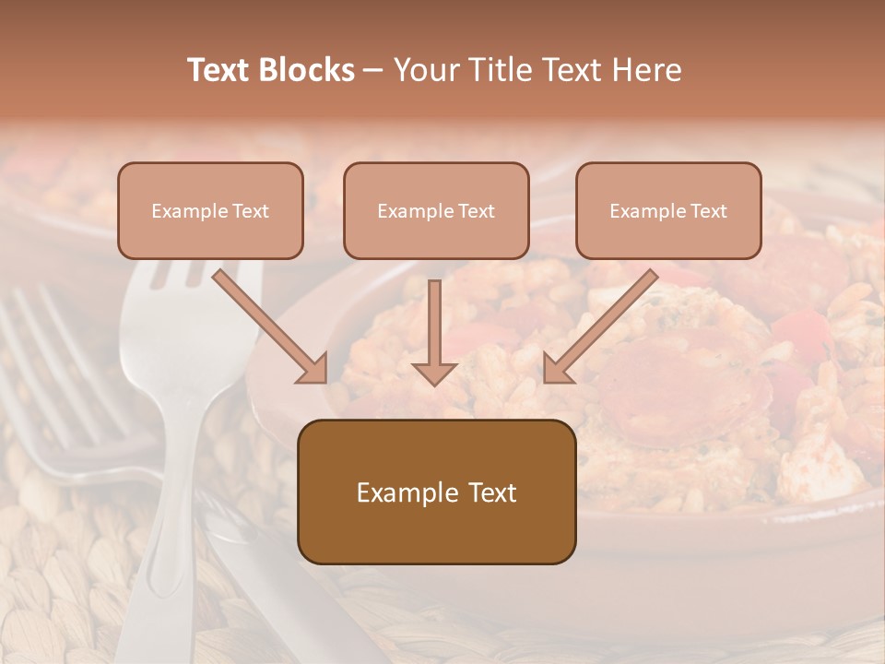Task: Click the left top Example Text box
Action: click(x=210, y=210)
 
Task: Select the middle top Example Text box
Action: click(x=436, y=210)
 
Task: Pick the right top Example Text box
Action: click(x=668, y=210)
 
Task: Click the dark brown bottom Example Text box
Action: click(x=436, y=492)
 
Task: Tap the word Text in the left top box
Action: click(x=251, y=211)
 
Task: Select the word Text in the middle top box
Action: click(x=477, y=211)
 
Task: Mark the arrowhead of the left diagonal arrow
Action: click(x=313, y=369)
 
